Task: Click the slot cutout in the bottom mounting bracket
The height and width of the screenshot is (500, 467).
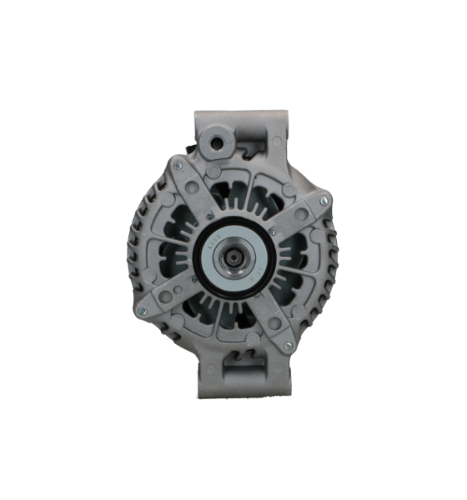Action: tap(246, 364)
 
